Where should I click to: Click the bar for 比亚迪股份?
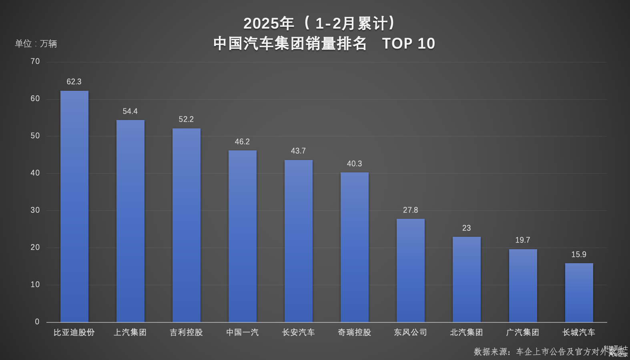pyautogui.click(x=74, y=206)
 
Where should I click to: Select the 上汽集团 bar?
pyautogui.click(x=130, y=221)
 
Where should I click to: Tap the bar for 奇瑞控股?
pyautogui.click(x=355, y=247)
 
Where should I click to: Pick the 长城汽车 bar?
pyautogui.click(x=579, y=292)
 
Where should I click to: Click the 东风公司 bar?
pyautogui.click(x=411, y=270)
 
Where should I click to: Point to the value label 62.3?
pyautogui.click(x=74, y=82)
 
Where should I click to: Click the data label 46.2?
pyautogui.click(x=242, y=142)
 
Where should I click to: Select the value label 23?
pyautogui.click(x=466, y=228)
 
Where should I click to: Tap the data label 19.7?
pyautogui.click(x=522, y=240)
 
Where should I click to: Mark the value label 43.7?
pyautogui.click(x=298, y=151)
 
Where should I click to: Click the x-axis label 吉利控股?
pyautogui.click(x=186, y=332)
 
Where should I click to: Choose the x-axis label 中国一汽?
pyautogui.click(x=242, y=332)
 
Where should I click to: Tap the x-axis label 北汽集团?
pyautogui.click(x=466, y=332)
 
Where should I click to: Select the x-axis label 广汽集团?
pyautogui.click(x=522, y=332)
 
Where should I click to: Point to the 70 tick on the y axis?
pyautogui.click(x=35, y=61)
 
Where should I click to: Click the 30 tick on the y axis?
pyautogui.click(x=35, y=210)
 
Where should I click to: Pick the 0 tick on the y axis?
pyautogui.click(x=37, y=322)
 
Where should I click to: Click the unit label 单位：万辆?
pyautogui.click(x=36, y=44)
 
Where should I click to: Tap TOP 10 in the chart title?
pyautogui.click(x=408, y=44)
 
